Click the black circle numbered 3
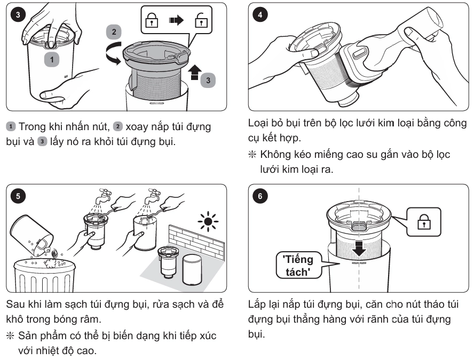coord(18,14)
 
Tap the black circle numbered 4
coord(260,14)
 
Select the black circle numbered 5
coord(18,196)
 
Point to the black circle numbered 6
coord(260,196)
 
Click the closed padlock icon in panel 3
coord(152,20)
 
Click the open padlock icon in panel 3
coord(201,20)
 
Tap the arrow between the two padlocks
coord(176,20)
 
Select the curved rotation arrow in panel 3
coord(113,53)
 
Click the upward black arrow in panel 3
coord(195,72)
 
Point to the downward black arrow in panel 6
coord(359,248)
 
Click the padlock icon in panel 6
coord(424,222)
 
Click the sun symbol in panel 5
coord(208,221)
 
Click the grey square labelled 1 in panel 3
coord(52,59)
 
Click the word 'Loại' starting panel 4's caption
coord(258,123)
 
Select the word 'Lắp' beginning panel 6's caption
coord(256,305)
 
